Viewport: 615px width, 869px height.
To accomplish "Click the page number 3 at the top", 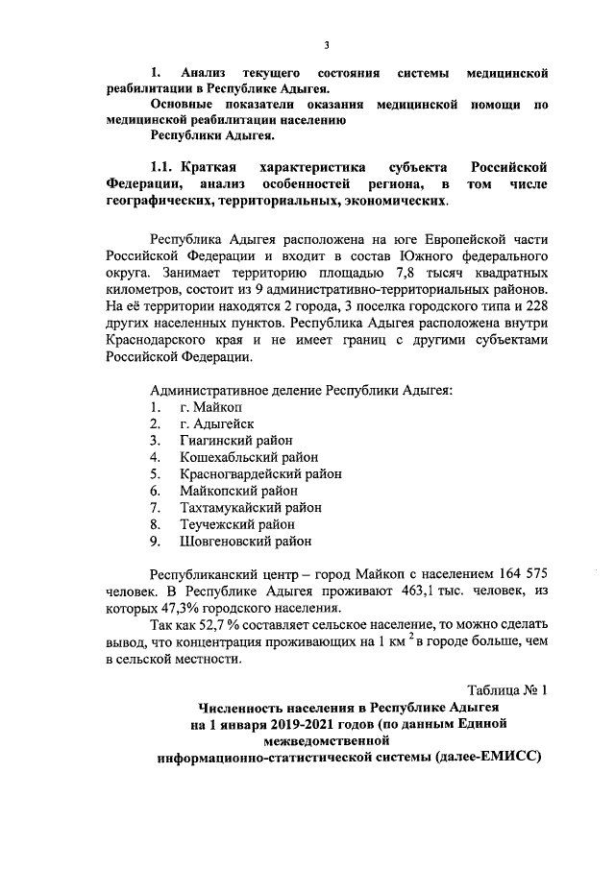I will click(x=327, y=45).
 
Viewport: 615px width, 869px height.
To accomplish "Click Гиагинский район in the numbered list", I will click(x=236, y=441).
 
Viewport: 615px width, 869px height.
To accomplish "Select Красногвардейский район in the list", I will click(x=260, y=474).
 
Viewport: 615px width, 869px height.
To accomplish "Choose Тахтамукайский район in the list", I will click(x=250, y=507).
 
